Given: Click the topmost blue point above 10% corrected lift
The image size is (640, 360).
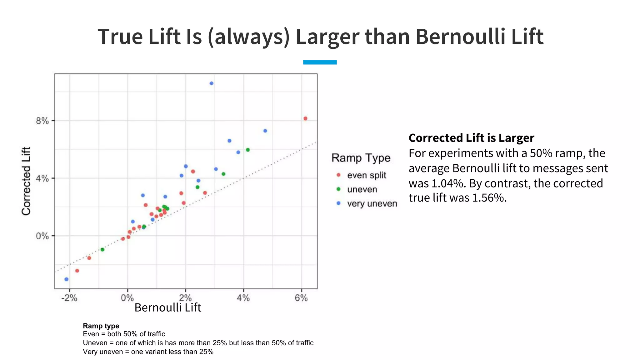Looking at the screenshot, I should tap(212, 83).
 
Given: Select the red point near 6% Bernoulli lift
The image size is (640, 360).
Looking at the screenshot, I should tap(305, 118).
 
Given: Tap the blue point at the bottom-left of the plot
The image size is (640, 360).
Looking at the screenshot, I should tap(66, 279).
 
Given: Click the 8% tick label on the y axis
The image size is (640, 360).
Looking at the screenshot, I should tap(42, 121).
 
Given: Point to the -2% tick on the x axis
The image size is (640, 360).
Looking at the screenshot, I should tap(69, 298).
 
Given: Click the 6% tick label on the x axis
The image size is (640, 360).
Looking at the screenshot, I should tap(301, 298).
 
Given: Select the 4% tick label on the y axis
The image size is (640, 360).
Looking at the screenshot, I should tap(42, 179).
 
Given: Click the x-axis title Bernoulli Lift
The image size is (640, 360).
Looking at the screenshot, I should tap(168, 307).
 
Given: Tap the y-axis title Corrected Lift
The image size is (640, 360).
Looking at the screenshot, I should tap(26, 181).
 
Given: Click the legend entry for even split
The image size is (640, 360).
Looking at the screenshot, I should tap(367, 175).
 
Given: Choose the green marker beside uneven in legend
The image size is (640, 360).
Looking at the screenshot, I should tap(338, 189).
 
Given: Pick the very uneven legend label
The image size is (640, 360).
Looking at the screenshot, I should tap(372, 203).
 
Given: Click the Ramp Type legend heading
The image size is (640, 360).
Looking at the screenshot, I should tap(361, 158).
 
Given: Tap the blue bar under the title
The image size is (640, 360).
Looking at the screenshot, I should tap(320, 62).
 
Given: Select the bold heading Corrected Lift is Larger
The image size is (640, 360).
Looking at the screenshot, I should tap(471, 138).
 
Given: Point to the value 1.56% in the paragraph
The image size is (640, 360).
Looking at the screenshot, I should tap(489, 198).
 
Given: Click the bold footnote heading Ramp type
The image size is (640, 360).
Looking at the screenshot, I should tap(101, 326).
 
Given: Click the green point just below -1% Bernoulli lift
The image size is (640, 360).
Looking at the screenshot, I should tap(102, 249).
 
